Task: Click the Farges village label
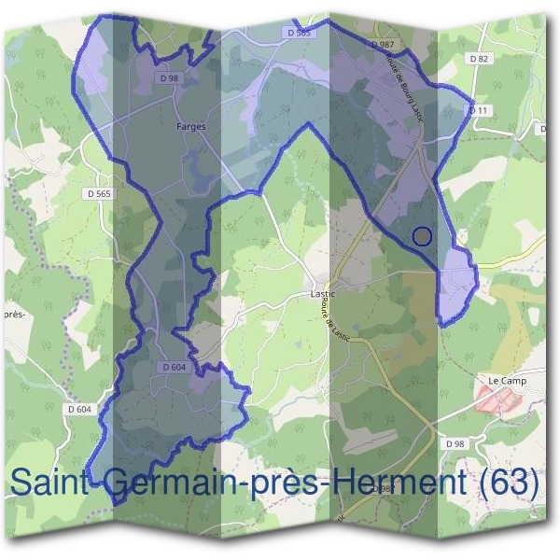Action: click(x=190, y=125)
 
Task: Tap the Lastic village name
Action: click(x=322, y=293)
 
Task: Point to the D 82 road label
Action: click(x=479, y=58)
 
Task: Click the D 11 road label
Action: click(x=479, y=110)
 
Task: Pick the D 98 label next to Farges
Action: click(x=169, y=79)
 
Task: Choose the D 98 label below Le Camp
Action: click(x=455, y=442)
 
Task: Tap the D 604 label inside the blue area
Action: click(x=175, y=368)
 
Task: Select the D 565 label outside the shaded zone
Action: click(x=98, y=194)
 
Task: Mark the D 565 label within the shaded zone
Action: click(x=299, y=33)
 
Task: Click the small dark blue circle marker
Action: click(x=422, y=236)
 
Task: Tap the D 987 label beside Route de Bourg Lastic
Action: click(x=382, y=44)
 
